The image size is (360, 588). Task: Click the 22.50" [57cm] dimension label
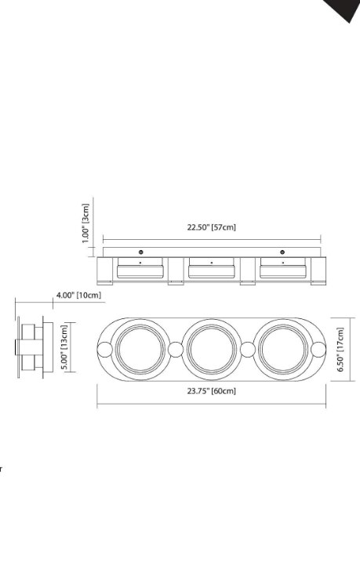click(x=211, y=227)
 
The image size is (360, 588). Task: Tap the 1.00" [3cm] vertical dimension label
click(x=86, y=223)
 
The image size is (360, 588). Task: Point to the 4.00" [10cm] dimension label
click(x=78, y=295)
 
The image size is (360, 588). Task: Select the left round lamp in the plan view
click(x=140, y=348)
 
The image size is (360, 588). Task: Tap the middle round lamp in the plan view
click(x=211, y=348)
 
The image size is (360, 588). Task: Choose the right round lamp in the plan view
click(x=283, y=348)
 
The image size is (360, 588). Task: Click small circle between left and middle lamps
click(x=176, y=349)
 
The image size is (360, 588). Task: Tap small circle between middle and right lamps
click(x=247, y=349)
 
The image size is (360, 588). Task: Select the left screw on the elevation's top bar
click(x=140, y=252)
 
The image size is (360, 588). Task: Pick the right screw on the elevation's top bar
click(x=283, y=252)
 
